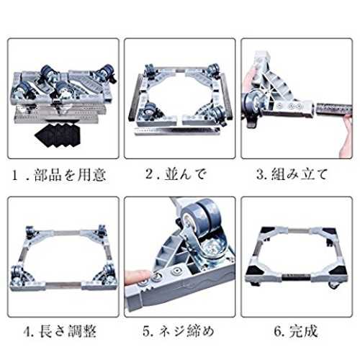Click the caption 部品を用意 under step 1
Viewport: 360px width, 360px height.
[70, 175]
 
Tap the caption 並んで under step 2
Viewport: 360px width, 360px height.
[185, 174]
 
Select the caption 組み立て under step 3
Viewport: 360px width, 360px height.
[300, 174]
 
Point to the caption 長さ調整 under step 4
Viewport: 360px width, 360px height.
[68, 331]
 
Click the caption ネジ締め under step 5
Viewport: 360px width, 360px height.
[186, 331]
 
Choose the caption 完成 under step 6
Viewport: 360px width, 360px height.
[304, 331]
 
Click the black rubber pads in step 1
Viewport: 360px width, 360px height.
[57, 135]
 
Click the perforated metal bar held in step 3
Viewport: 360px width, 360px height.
[334, 108]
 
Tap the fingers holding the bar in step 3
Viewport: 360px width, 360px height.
[346, 135]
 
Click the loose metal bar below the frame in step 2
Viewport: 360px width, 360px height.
[177, 131]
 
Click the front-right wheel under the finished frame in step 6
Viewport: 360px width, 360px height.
[333, 286]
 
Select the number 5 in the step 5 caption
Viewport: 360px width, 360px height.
[146, 331]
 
